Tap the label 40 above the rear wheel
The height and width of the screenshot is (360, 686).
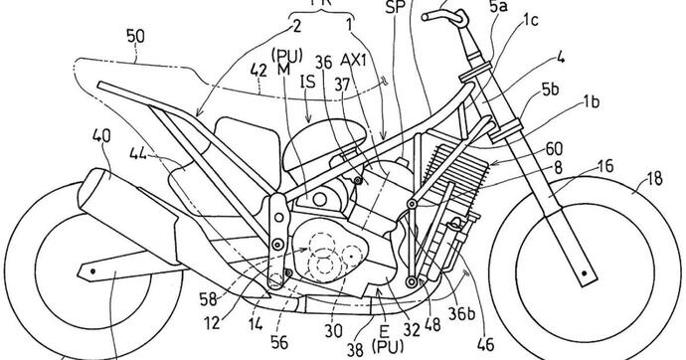[100, 133]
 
